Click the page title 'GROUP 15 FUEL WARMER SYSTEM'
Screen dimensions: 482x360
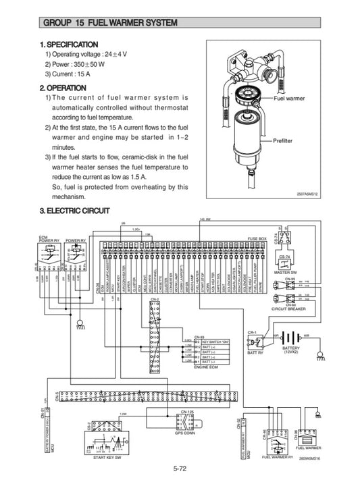click(109, 23)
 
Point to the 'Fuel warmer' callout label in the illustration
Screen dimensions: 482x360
click(289, 99)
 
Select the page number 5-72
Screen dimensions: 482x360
click(180, 468)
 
